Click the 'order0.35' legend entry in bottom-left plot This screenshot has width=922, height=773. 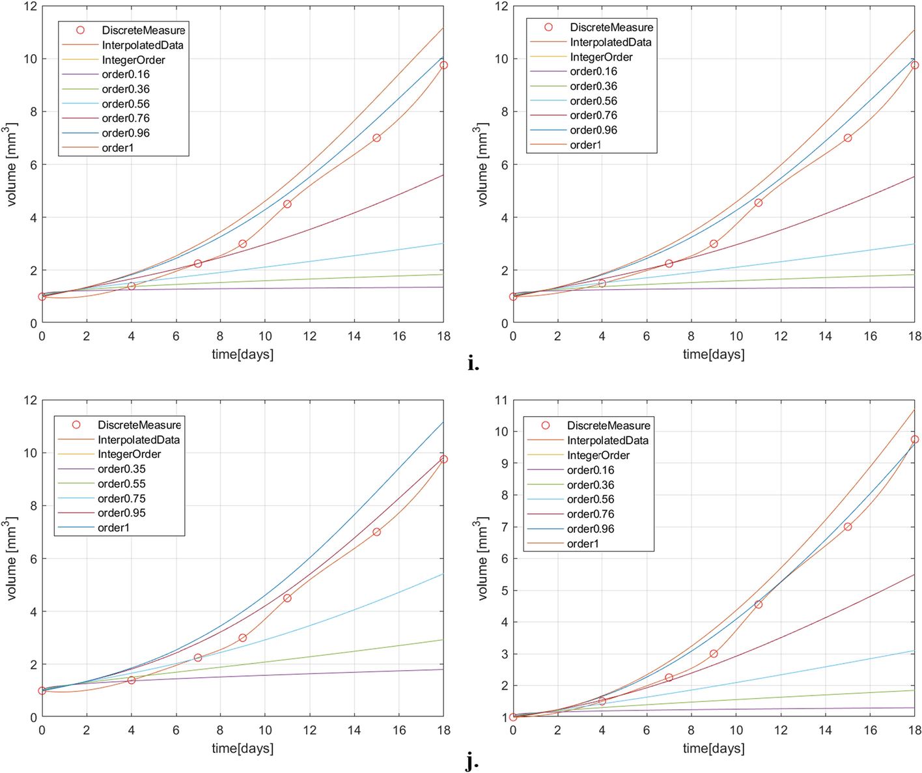pyautogui.click(x=121, y=469)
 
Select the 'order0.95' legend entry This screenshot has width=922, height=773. pyautogui.click(x=121, y=513)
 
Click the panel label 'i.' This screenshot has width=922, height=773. pyautogui.click(x=473, y=364)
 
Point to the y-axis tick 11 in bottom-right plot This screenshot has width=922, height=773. pyautogui.click(x=501, y=400)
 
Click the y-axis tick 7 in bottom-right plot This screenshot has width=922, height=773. pyautogui.click(x=503, y=527)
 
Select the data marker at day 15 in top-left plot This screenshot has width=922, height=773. pyautogui.click(x=376, y=138)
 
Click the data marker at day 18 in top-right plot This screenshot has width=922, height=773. pyautogui.click(x=914, y=65)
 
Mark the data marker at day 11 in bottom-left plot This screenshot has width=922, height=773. pyautogui.click(x=287, y=598)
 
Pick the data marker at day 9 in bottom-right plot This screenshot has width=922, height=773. pyautogui.click(x=714, y=653)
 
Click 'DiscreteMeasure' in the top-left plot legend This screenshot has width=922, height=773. pyautogui.click(x=143, y=31)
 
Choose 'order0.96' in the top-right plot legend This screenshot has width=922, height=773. pyautogui.click(x=593, y=130)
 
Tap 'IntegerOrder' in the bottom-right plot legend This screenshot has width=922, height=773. pyautogui.click(x=598, y=456)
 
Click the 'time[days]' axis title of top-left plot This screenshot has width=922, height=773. pyautogui.click(x=242, y=354)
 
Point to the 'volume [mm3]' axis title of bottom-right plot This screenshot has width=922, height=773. pyautogui.click(x=482, y=558)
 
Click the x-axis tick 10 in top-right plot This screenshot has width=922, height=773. pyautogui.click(x=736, y=336)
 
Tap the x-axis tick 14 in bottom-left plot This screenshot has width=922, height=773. pyautogui.click(x=354, y=731)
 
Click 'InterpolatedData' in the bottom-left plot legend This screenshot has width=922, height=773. pyautogui.click(x=138, y=440)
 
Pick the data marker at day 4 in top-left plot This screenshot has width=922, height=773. pyautogui.click(x=132, y=286)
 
